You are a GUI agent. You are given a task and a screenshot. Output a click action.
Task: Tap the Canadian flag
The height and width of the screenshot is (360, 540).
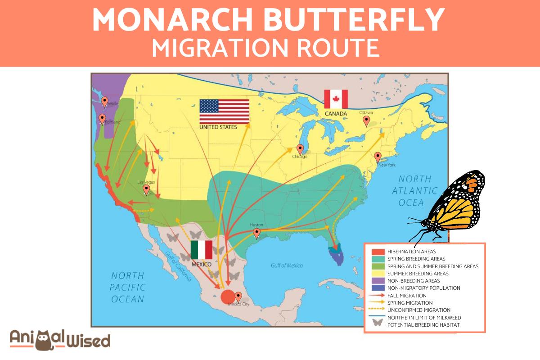pyautogui.click(x=336, y=99)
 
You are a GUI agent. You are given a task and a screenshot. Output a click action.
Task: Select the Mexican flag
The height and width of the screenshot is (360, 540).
pyautogui.click(x=201, y=250)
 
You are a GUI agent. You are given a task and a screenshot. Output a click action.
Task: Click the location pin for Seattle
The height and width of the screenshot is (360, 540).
pyautogui.click(x=105, y=102)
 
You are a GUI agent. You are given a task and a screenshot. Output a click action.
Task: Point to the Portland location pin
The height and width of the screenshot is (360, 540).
pyautogui.click(x=102, y=119)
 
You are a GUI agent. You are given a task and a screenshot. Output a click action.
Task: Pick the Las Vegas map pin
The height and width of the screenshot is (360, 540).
pyautogui.click(x=146, y=189)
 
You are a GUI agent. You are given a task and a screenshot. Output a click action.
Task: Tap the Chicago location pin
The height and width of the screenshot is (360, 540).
pyautogui.click(x=300, y=149)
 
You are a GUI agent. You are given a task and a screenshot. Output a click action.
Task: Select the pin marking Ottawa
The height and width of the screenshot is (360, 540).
pyautogui.click(x=367, y=121)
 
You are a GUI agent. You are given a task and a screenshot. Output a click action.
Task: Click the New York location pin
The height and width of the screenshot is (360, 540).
pyautogui.click(x=378, y=157)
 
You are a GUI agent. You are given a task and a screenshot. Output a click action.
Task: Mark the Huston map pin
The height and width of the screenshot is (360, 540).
pyautogui.click(x=256, y=233)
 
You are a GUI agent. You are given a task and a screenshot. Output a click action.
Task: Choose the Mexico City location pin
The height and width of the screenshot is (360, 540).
pyautogui.click(x=238, y=297)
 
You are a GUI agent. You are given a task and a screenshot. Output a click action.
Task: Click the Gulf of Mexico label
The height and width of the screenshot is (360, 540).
pyautogui.click(x=287, y=265)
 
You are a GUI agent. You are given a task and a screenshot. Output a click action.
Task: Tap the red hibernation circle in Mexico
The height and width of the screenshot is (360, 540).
pyautogui.click(x=228, y=297)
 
